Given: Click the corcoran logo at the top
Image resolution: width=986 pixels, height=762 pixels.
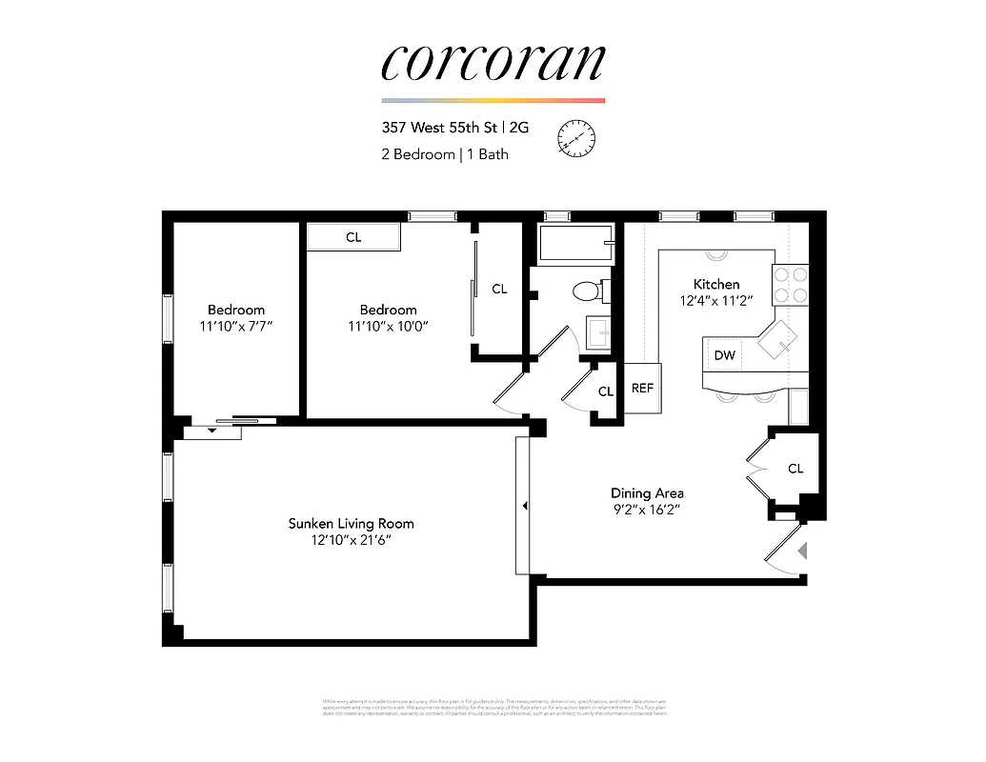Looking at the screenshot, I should coord(493,64).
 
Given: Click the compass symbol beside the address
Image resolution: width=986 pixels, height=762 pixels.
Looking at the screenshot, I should coord(575,139).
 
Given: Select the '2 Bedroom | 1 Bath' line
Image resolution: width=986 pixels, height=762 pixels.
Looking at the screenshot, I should coord(445,154).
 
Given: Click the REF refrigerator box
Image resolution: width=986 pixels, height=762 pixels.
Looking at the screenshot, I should coord(642,388).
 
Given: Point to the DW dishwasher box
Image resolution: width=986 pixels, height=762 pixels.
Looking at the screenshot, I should coord(724,355).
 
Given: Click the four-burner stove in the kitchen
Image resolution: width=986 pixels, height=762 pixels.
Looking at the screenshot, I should coord(790,284).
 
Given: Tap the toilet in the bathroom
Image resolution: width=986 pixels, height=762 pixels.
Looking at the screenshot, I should coord(587,290).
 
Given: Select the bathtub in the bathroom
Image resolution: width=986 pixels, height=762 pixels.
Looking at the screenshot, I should coord(573,244).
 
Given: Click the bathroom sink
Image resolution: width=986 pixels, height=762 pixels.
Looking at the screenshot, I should coord(599,332).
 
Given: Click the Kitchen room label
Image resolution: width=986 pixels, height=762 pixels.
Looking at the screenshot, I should coord(716,284).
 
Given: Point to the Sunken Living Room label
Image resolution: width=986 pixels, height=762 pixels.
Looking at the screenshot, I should coord(352,523).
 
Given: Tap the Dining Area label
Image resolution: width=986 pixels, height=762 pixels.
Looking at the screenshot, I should coord(647,492).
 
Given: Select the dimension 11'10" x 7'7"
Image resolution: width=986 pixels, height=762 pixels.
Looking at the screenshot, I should coord(236,326).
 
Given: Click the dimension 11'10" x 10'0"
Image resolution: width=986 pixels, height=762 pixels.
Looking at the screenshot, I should coord(388,326).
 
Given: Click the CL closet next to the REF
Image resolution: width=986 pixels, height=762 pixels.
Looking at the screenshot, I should coord(606,391).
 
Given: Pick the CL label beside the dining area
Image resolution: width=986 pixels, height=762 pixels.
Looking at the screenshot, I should coord(795,469).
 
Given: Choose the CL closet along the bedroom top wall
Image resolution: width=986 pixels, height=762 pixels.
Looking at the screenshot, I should coord(353,237).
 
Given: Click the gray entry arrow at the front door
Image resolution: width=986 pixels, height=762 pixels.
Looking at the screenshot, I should coord(802,550).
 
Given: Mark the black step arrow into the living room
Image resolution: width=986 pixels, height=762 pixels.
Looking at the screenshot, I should coord(524,505).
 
